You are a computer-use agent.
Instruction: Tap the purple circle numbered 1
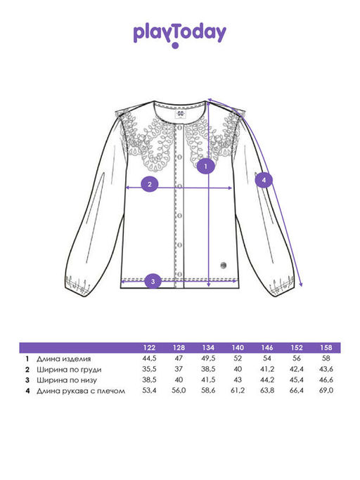click(x=205, y=167)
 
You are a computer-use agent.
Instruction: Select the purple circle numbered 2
click(x=150, y=184)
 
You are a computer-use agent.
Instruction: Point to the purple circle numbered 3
click(x=153, y=282)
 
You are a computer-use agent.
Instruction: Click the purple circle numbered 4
click(x=264, y=180)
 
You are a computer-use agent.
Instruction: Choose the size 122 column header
click(x=149, y=347)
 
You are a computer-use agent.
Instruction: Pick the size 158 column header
click(x=326, y=347)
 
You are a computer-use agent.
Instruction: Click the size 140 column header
click(x=238, y=347)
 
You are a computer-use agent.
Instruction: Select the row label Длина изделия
click(x=64, y=359)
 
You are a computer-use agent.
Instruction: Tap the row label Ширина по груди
click(x=69, y=370)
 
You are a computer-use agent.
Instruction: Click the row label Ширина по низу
click(x=67, y=380)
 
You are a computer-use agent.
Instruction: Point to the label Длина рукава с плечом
click(x=81, y=391)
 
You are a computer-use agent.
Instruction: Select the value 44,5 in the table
click(x=149, y=358)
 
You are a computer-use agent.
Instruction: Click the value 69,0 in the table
click(x=326, y=390)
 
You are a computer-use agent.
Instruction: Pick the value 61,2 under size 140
click(x=238, y=390)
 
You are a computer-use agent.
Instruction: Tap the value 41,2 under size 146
click(x=267, y=369)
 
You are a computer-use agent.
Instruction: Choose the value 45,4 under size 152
click(x=297, y=380)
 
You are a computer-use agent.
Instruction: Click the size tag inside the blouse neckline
click(x=181, y=114)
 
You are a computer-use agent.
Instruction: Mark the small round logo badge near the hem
click(x=224, y=265)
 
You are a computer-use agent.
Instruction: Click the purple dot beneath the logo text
click(x=175, y=46)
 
